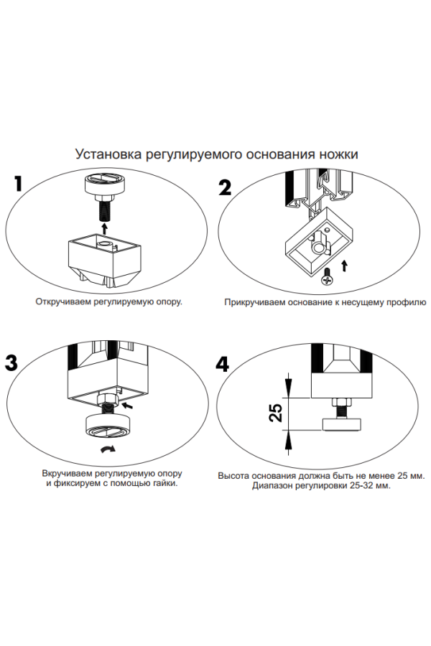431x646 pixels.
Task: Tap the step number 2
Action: [x=225, y=187]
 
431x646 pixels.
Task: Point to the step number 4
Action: [x=223, y=364]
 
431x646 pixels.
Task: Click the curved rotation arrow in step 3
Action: [x=108, y=449]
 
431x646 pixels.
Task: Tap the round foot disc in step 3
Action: [x=107, y=426]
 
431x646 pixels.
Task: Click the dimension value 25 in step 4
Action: [x=274, y=413]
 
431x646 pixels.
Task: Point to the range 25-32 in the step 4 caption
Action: [x=356, y=485]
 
